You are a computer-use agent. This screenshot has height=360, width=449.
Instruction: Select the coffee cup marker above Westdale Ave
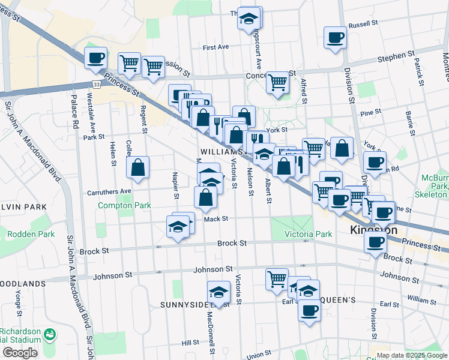tap(95, 58)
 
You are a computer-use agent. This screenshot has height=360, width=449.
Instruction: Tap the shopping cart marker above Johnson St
tap(277, 278)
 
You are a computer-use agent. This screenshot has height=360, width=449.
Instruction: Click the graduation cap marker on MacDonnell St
tap(219, 293)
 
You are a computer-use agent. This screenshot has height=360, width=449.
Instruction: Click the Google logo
tap(20, 353)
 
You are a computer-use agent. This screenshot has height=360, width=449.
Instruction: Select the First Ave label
tap(216, 47)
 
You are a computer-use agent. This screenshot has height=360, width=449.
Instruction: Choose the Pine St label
tap(370, 112)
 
